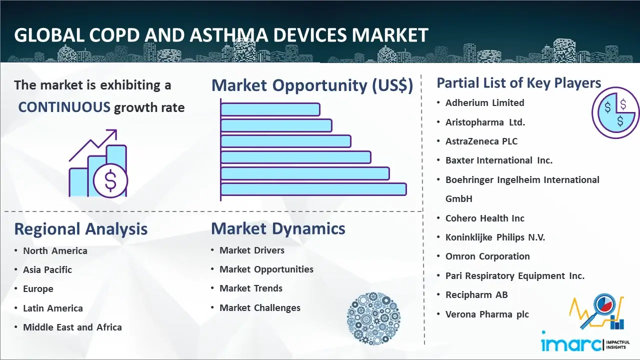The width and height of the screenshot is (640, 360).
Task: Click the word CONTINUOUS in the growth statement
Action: pyautogui.click(x=64, y=107)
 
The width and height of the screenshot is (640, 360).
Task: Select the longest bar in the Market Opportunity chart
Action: pyautogui.click(x=313, y=189)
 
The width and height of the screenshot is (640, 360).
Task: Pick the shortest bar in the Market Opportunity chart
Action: pyautogui.click(x=270, y=109)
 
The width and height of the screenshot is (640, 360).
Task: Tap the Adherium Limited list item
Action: pyautogui.click(x=484, y=102)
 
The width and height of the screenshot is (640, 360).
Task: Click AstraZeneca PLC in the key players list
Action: pyautogui.click(x=481, y=141)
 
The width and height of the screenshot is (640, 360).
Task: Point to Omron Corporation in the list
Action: pyautogui.click(x=487, y=256)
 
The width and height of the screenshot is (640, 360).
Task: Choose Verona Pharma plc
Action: pyautogui.click(x=487, y=314)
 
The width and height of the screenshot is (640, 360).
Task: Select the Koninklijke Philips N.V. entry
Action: pyautogui.click(x=495, y=237)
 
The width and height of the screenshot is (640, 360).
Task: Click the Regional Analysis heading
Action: pyautogui.click(x=81, y=229)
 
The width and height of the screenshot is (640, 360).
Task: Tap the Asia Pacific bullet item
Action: pyautogui.click(x=47, y=269)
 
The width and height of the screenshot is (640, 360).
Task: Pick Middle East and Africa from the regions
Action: pyautogui.click(x=72, y=327)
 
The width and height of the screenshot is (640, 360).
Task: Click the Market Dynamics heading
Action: pyautogui.click(x=278, y=228)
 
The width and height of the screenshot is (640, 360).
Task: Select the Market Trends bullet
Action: pyautogui.click(x=251, y=288)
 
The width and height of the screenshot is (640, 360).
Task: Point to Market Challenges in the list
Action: pyautogui.click(x=259, y=307)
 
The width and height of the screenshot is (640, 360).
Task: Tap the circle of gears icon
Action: pyautogui.click(x=373, y=318)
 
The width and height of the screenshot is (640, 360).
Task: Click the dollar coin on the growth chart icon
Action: pyautogui.click(x=110, y=181)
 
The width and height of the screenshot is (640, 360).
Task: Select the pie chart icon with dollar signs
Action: pyautogui.click(x=615, y=112)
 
